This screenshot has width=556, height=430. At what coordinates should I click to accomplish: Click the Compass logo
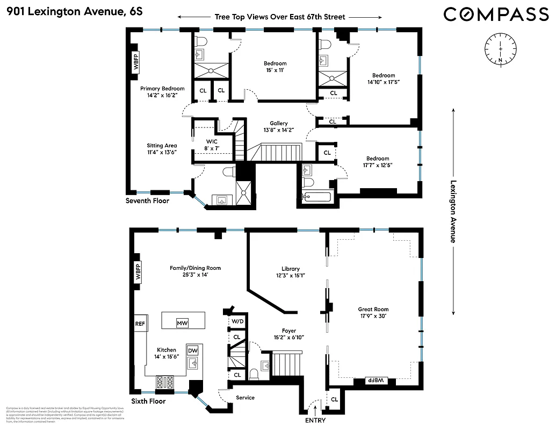click(x=496, y=15)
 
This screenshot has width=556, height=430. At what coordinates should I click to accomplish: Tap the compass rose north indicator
click(x=500, y=49)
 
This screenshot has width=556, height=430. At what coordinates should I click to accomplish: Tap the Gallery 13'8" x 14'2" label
click(x=279, y=127)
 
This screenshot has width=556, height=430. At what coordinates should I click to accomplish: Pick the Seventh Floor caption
click(x=147, y=201)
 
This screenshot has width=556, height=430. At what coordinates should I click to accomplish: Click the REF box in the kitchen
click(x=140, y=324)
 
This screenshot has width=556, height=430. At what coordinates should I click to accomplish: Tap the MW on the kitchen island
click(x=183, y=323)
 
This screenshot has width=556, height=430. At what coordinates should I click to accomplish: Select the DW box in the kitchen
click(x=192, y=350)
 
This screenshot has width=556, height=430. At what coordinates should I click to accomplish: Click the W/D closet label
click(x=236, y=321)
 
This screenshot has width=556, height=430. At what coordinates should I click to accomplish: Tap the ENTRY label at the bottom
click(x=315, y=420)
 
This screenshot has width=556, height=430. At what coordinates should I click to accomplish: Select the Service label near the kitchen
click(x=245, y=398)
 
